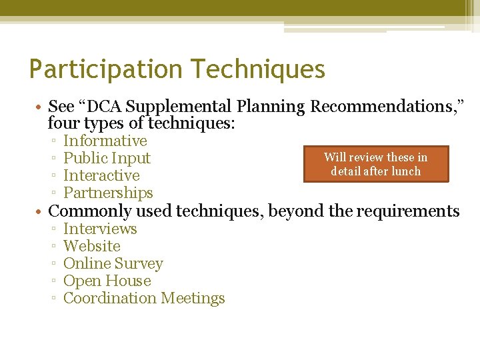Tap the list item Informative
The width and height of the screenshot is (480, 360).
click(105, 141)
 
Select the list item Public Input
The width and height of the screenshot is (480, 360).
click(107, 158)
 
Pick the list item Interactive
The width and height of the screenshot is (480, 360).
click(101, 175)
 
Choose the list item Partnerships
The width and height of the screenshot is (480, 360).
click(108, 193)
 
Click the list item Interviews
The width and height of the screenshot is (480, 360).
click(100, 229)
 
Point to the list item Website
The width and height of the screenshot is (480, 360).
click(91, 246)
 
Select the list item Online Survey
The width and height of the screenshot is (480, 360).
click(113, 263)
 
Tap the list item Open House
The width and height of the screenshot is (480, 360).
click(107, 281)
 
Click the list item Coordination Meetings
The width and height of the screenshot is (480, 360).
click(144, 298)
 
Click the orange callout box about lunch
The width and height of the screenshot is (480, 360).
click(376, 164)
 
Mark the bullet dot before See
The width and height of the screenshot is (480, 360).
click(41, 107)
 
